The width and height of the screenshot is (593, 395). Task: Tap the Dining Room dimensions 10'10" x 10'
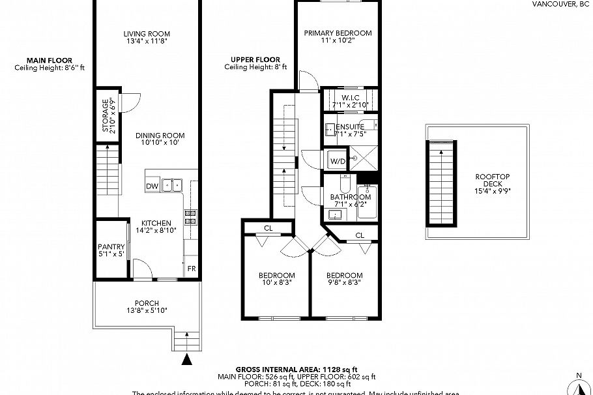[156, 142]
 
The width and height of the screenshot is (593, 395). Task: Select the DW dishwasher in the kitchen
[152, 186]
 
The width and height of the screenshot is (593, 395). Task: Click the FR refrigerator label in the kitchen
[192, 269]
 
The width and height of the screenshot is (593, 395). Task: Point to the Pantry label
[111, 247]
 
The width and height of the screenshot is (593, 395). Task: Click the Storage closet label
[105, 115]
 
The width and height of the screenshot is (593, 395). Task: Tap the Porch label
[147, 303]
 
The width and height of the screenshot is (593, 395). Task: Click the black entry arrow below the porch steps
[188, 358]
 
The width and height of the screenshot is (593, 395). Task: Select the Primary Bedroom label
[338, 33]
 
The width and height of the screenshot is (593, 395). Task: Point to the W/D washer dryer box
[337, 160]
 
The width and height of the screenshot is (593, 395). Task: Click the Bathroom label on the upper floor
[350, 197]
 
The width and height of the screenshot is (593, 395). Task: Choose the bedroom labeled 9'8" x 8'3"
[344, 276]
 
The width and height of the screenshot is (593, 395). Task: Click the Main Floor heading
[50, 60]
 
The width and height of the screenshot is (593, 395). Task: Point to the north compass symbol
[578, 385]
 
